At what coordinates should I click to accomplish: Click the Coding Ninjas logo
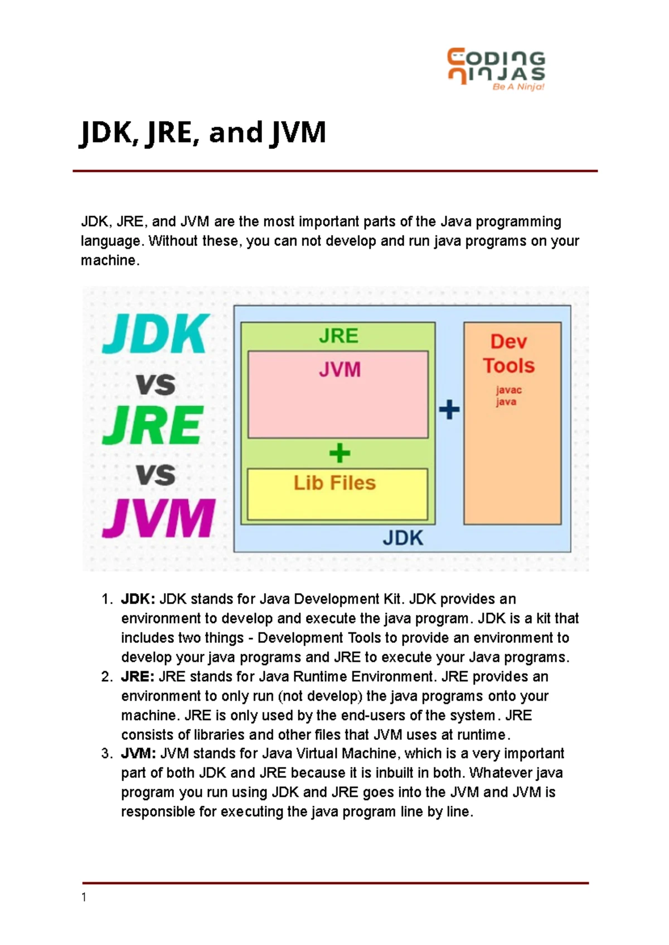(496, 69)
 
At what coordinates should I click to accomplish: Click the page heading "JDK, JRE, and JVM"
(203, 133)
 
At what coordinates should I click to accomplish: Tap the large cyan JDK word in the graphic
(156, 333)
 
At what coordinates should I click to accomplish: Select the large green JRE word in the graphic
(153, 425)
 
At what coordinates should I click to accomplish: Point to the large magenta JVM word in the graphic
(158, 518)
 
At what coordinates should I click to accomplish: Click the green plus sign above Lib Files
(340, 452)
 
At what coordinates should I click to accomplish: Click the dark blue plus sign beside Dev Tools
(449, 409)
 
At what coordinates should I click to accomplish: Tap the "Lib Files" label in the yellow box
(334, 483)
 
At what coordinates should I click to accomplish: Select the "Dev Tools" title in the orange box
(509, 354)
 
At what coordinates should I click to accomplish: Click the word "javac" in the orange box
(509, 390)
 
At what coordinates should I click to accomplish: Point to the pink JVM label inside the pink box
(340, 369)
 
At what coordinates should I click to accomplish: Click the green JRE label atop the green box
(338, 336)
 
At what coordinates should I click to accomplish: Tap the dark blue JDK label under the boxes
(403, 538)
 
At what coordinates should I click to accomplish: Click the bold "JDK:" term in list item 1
(138, 599)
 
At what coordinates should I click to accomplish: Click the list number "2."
(107, 677)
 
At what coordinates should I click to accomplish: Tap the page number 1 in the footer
(84, 898)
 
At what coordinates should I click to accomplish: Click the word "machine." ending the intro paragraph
(110, 261)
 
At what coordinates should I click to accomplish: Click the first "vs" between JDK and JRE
(156, 384)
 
